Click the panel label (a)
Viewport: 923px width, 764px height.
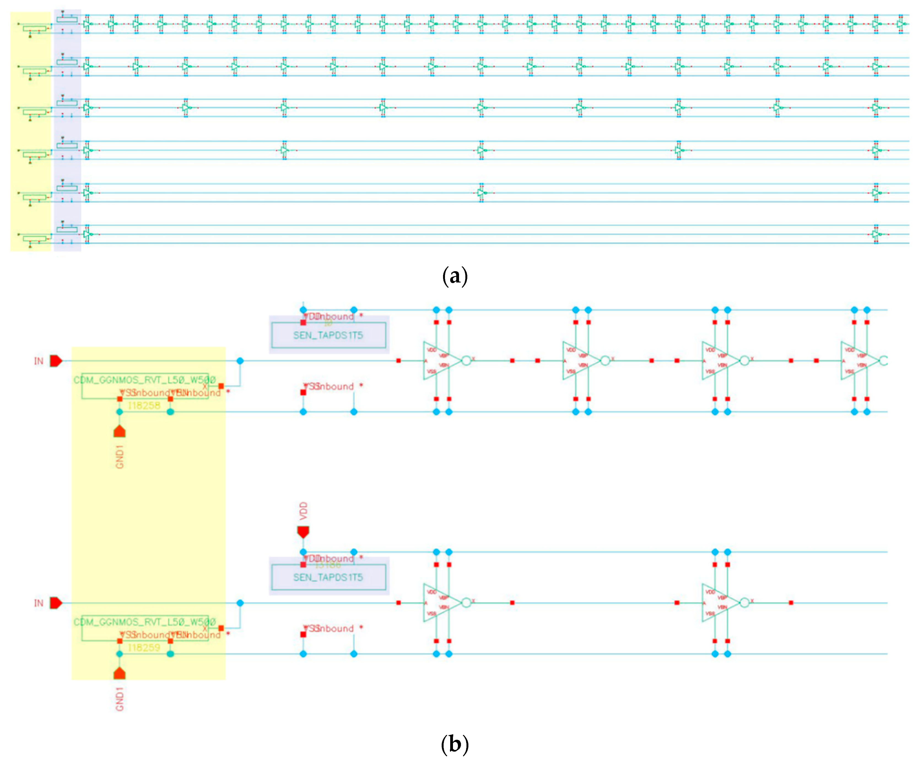click(x=454, y=276)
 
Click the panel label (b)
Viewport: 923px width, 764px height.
click(x=454, y=744)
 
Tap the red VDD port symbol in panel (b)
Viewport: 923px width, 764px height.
click(x=303, y=532)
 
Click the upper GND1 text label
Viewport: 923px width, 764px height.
click(x=120, y=457)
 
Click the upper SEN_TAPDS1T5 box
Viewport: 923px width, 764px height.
click(x=328, y=335)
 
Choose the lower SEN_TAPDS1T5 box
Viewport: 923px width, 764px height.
click(x=328, y=577)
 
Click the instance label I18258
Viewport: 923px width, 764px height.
click(x=144, y=405)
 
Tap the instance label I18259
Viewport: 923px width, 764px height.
click(x=144, y=648)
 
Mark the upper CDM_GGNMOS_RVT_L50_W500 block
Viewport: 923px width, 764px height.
click(x=145, y=385)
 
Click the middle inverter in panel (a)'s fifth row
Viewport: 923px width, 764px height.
click(x=482, y=193)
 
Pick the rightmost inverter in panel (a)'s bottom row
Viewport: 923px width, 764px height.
click(x=876, y=235)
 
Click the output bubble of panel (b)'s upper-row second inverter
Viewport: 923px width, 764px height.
click(x=605, y=361)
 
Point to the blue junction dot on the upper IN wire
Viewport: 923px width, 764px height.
click(x=240, y=361)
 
